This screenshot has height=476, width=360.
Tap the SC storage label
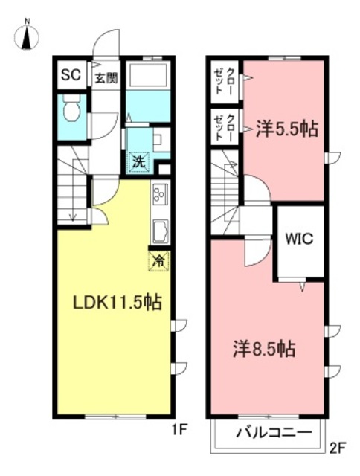point(70,75)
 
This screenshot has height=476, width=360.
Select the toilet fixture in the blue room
point(71,111)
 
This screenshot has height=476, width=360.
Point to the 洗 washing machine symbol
point(139,160)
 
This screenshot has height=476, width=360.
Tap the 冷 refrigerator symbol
point(158,261)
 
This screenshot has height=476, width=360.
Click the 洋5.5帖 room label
point(287,129)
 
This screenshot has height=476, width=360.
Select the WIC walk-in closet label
point(300,239)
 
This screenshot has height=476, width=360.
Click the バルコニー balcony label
point(269,433)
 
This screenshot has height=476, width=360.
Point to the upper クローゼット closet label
point(225,80)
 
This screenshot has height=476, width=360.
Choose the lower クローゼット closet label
point(225,127)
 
